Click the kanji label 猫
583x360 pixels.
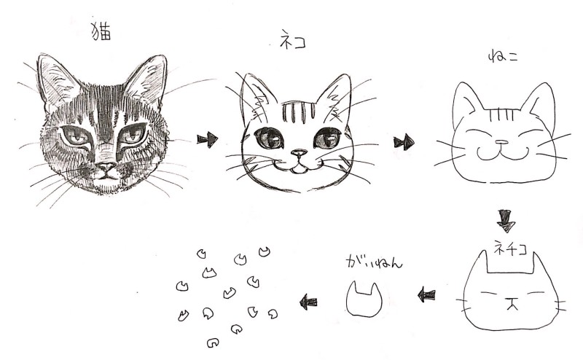tap(101, 31)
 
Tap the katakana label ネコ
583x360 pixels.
tap(293, 40)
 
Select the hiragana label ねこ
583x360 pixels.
tap(503, 58)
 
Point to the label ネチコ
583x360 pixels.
tap(511, 247)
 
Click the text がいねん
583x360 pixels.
tap(374, 262)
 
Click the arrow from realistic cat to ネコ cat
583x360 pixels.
tap(208, 139)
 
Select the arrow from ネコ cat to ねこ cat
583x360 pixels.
tap(404, 142)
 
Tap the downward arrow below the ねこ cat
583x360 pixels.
tap(506, 220)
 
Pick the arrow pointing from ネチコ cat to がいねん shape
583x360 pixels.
tap(426, 296)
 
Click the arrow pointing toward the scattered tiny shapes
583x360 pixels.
tap(308, 302)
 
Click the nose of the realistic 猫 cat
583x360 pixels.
tap(106, 167)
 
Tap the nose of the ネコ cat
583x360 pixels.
tap(299, 152)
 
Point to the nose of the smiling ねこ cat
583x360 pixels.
tap(501, 142)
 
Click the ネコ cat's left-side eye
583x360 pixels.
tap(269, 138)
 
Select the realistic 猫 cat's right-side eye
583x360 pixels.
tap(132, 135)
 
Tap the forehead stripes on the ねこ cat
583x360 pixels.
tap(502, 114)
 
